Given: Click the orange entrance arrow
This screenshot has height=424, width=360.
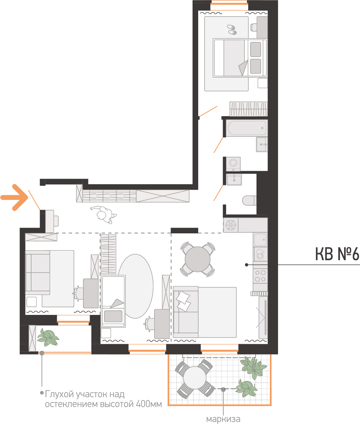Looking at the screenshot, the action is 14,197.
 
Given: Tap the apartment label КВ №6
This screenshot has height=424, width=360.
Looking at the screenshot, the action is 337,254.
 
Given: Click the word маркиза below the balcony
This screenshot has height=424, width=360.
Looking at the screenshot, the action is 223,419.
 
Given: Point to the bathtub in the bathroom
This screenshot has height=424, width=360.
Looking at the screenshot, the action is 247,128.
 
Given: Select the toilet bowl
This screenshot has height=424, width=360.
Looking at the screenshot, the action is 249,201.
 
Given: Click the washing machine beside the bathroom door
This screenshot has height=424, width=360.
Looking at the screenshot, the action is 234,164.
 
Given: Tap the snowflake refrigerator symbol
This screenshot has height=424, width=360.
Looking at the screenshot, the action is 231,225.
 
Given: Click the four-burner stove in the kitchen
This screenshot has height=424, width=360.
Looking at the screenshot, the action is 260,276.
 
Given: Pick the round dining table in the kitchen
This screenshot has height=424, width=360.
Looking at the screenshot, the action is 197,259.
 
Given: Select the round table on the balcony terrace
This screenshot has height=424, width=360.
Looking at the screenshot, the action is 195,378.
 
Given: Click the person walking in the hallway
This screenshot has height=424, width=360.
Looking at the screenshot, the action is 104,214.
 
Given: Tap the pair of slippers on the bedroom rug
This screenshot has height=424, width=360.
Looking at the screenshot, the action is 232,30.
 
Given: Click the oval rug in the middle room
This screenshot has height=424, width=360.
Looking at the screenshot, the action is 135,286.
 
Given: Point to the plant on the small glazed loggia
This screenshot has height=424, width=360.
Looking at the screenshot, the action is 48,337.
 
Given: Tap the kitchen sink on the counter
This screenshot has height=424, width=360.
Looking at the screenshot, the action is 260,239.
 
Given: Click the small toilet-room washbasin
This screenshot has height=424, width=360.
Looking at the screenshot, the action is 234,180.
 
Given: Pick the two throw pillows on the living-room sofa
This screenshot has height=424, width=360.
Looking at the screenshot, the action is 183,301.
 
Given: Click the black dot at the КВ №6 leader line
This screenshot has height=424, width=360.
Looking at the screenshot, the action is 247,265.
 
